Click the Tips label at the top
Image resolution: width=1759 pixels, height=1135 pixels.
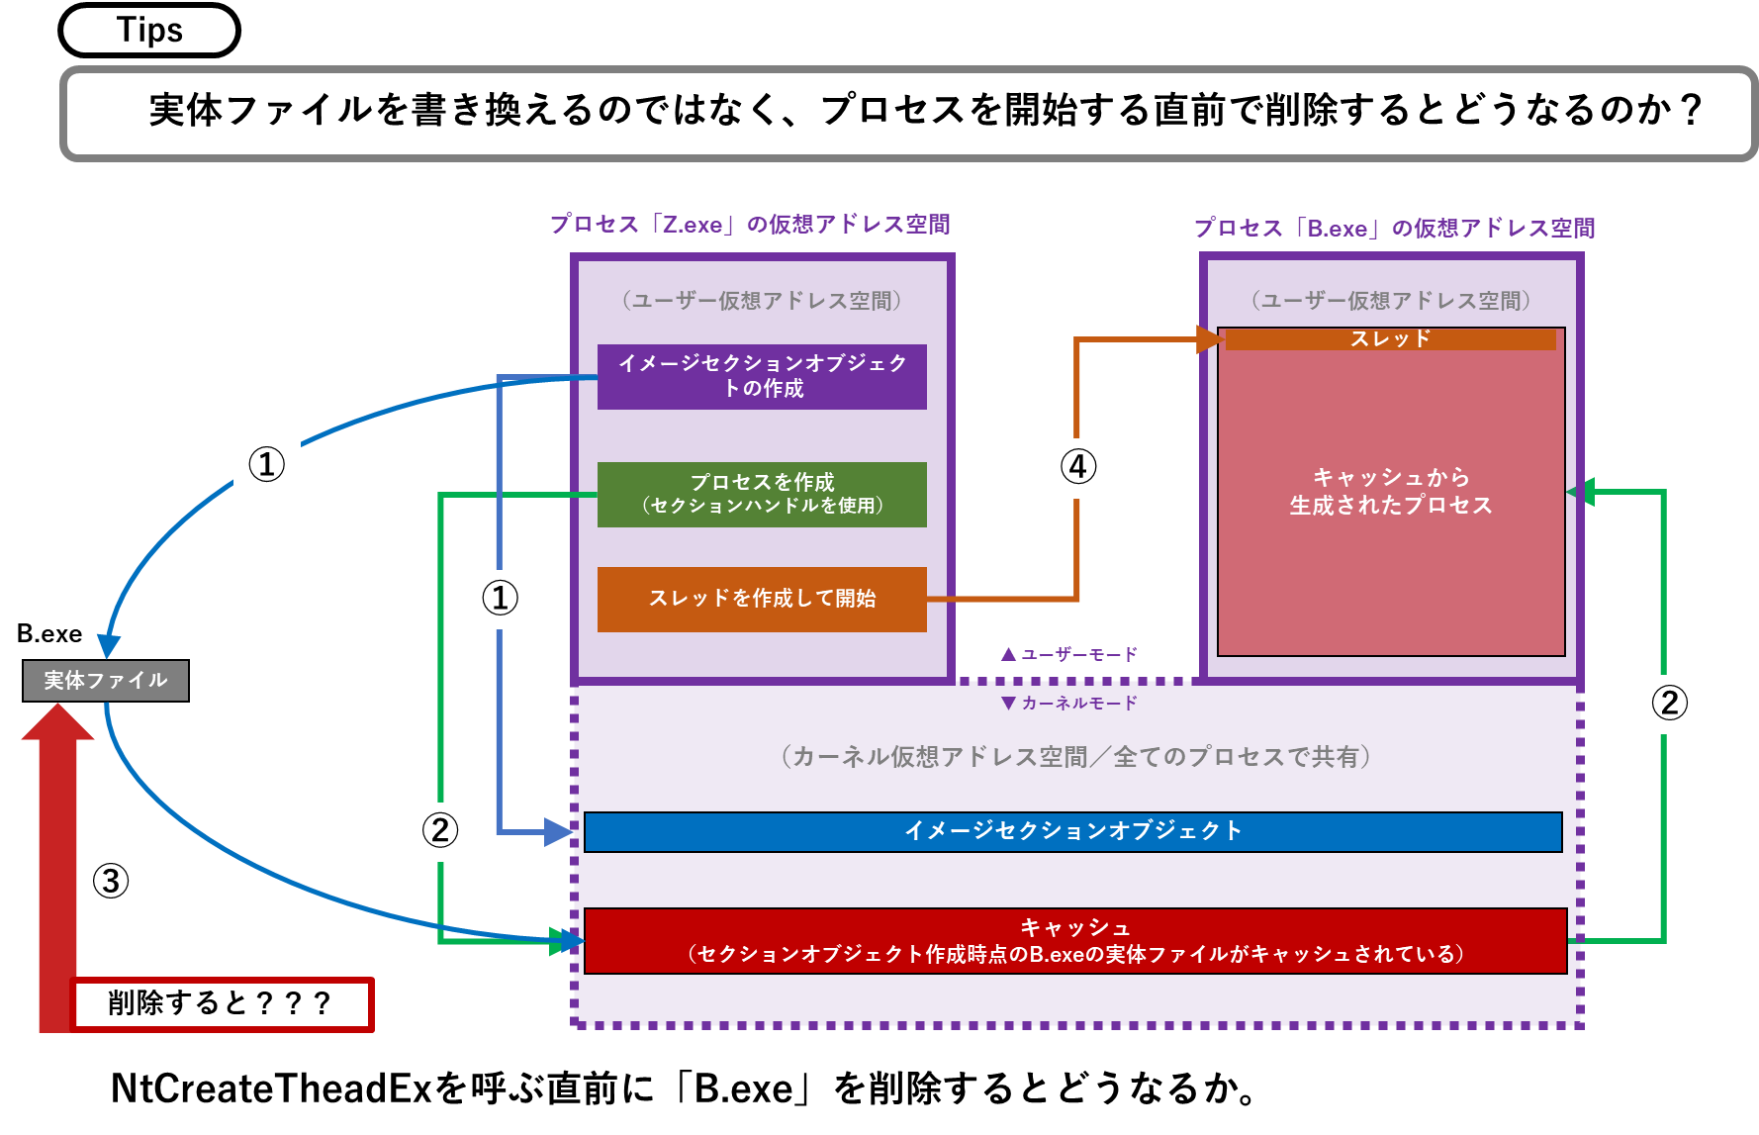coord(149,30)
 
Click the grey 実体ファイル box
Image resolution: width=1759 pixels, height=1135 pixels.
coord(106,681)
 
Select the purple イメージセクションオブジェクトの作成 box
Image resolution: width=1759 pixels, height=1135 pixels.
coord(762,376)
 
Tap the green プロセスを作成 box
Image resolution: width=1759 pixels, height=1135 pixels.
coord(762,494)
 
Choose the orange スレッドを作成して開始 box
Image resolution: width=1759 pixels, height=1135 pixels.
coord(762,599)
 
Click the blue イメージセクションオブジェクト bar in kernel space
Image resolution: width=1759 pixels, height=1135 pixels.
coord(1073,831)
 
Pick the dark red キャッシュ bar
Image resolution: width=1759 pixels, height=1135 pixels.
coord(1075,941)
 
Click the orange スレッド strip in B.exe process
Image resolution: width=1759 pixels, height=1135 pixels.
coord(1390,339)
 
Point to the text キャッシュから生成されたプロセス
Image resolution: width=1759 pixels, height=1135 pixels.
coord(1390,492)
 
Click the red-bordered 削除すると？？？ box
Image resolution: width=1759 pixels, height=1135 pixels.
coord(222,1004)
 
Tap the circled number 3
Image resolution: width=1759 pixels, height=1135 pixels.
coord(111,881)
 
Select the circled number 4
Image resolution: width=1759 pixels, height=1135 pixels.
coord(1078,466)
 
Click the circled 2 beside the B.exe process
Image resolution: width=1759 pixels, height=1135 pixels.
coord(1669,703)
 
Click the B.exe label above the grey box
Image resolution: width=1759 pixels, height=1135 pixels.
coord(49,634)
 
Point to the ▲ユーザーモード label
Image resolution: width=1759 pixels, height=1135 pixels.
coord(1068,654)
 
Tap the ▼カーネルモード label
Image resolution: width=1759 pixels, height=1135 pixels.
coord(1068,703)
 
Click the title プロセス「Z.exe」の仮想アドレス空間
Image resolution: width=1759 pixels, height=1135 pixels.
coord(750,225)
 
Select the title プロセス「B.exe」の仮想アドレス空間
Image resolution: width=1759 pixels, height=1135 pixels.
coord(1394,229)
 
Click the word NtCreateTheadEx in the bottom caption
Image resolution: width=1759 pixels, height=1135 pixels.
coord(272,1088)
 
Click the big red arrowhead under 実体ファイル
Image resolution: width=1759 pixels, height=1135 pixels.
coord(58,722)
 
